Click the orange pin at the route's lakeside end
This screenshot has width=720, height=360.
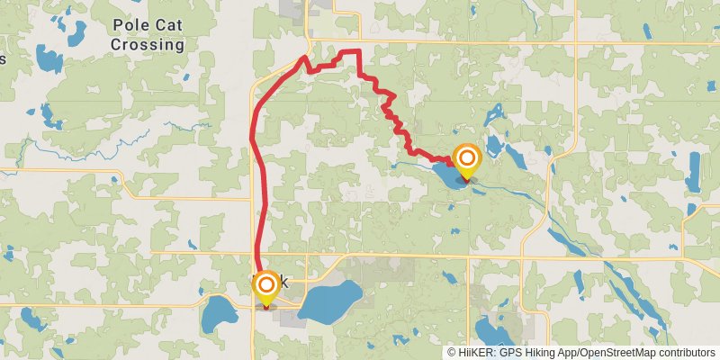[x=466, y=161]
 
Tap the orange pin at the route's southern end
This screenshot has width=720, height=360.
[x=266, y=287]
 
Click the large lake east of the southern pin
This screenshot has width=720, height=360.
[x=329, y=300]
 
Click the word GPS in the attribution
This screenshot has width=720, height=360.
[x=511, y=353]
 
